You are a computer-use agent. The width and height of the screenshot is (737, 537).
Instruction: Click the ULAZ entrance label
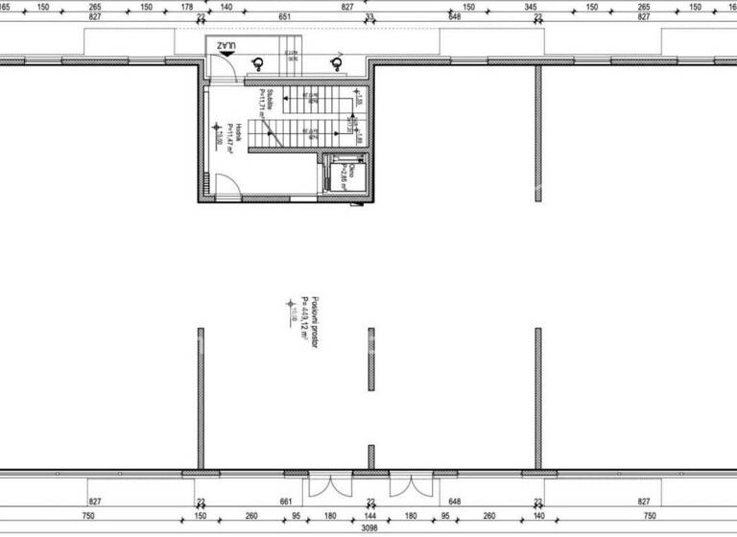(x=226, y=46)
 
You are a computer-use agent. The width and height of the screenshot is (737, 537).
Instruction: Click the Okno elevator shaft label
(x=352, y=172)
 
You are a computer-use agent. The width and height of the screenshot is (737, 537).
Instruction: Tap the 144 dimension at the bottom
(x=370, y=515)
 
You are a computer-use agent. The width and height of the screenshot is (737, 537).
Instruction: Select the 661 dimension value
(x=285, y=501)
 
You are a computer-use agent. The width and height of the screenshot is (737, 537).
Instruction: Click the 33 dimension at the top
(x=370, y=16)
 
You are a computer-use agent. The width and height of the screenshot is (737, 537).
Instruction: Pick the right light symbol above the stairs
(x=336, y=64)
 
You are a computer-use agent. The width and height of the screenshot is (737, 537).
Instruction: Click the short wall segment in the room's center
(x=370, y=359)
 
